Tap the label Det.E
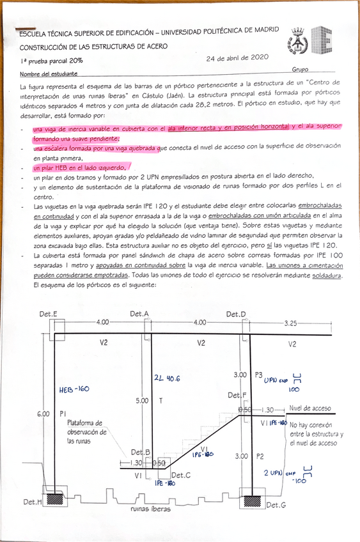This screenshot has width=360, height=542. (x=49, y=314)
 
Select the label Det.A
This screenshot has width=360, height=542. (x=139, y=314)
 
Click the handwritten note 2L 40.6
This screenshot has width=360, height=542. (x=168, y=378)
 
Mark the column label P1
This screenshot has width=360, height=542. (x=63, y=414)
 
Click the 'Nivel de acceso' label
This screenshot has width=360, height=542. (x=310, y=408)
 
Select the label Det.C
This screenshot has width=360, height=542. (x=181, y=475)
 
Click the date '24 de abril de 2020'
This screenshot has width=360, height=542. (x=237, y=58)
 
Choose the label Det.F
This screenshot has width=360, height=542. (x=238, y=396)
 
